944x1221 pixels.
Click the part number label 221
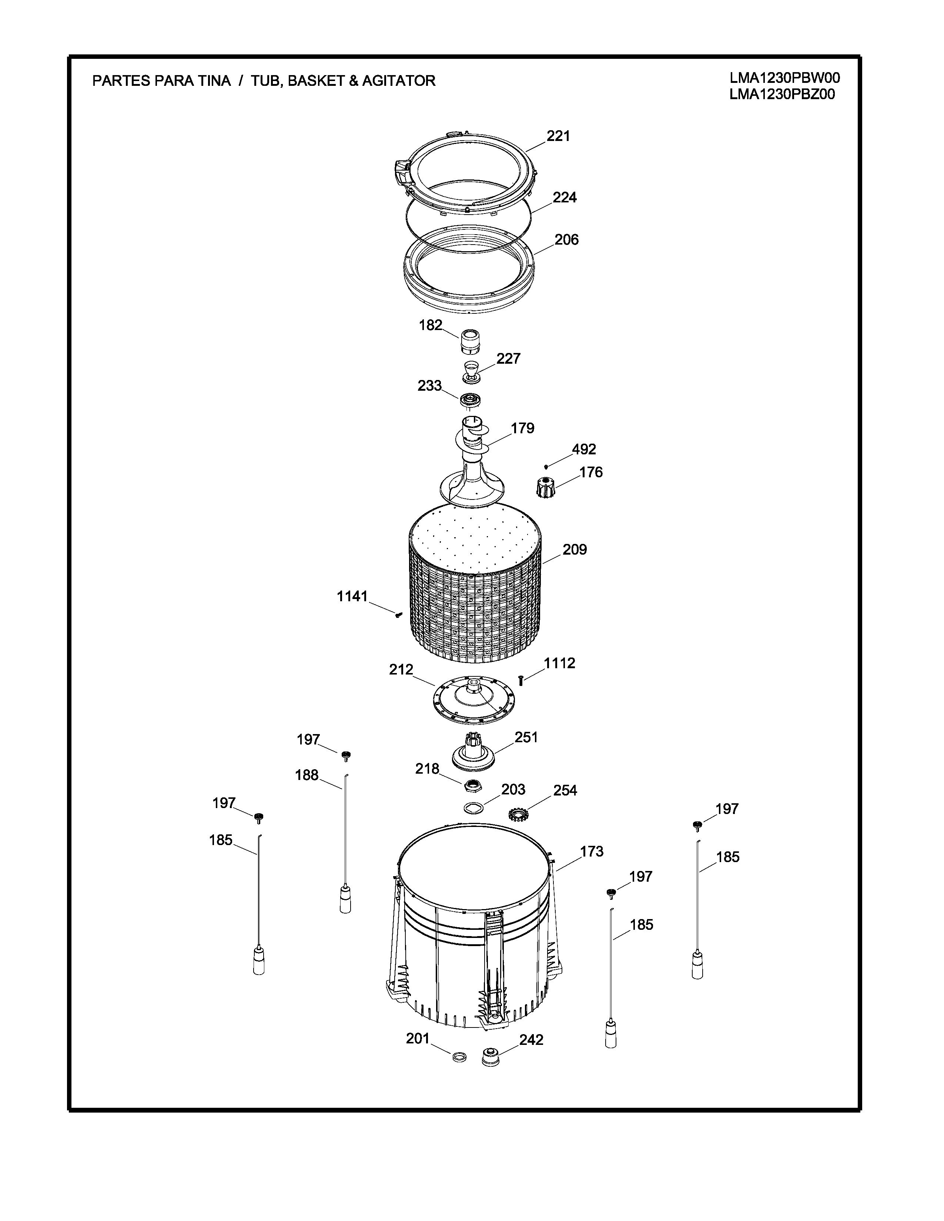click(x=558, y=136)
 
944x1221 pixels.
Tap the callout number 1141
click(x=352, y=596)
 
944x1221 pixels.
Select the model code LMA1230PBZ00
click(x=782, y=94)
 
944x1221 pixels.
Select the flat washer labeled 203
click(x=473, y=808)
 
